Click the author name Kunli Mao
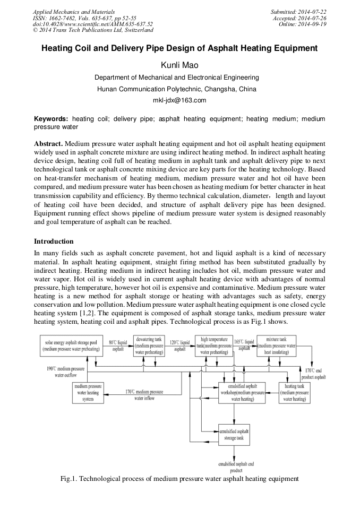click(179, 65)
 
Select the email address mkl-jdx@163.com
click(179, 100)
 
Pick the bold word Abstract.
click(48, 144)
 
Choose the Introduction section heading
click(54, 241)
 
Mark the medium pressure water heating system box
click(88, 393)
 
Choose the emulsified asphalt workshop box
click(242, 393)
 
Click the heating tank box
click(294, 393)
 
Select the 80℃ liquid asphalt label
click(118, 346)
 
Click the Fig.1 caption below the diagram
click(179, 479)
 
